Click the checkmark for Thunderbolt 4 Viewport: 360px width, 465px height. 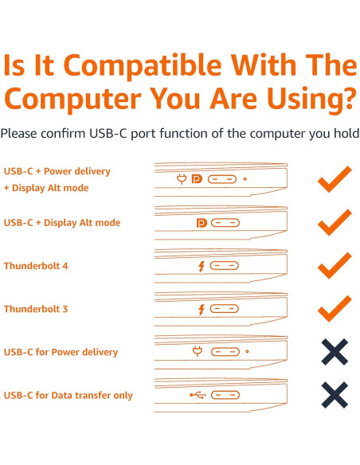click(x=334, y=265)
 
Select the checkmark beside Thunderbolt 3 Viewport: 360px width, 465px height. click(x=334, y=307)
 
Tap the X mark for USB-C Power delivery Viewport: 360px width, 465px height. click(x=334, y=351)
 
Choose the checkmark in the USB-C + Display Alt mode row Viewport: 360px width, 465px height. click(x=334, y=222)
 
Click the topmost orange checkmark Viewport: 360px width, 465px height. click(x=334, y=179)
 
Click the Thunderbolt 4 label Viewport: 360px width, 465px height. click(x=36, y=266)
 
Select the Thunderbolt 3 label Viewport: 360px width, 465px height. click(x=36, y=309)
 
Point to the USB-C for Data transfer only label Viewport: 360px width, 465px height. click(x=68, y=396)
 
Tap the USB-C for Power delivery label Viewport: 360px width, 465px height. click(x=61, y=352)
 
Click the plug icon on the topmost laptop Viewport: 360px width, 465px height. click(x=182, y=179)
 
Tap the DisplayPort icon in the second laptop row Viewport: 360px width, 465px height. click(x=200, y=223)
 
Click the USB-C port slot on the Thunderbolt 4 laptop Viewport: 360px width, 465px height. click(x=224, y=265)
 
